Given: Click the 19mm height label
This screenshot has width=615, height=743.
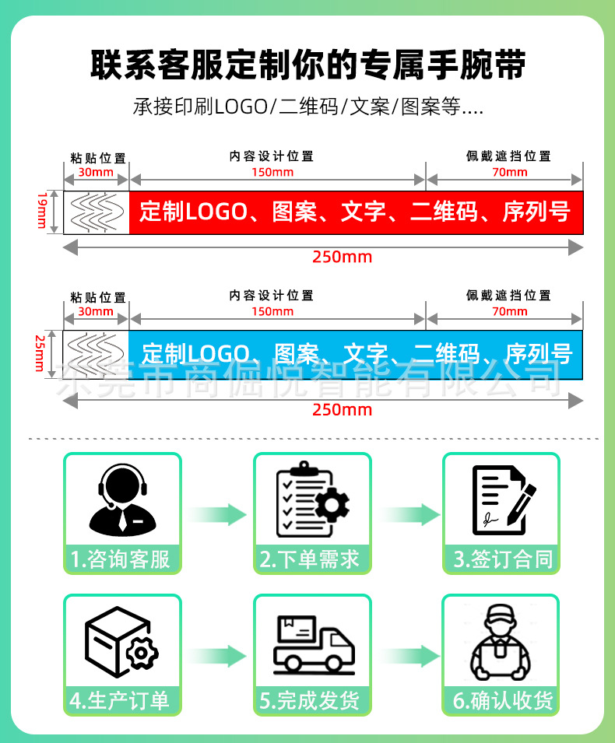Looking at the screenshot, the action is (x=42, y=212).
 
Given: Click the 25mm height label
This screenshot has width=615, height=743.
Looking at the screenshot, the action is (x=39, y=354).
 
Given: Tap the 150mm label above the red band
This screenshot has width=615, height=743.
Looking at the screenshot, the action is (x=272, y=172).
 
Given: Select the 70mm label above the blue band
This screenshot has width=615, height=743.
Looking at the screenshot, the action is (x=510, y=311).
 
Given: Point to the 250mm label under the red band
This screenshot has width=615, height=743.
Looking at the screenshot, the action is (x=342, y=257).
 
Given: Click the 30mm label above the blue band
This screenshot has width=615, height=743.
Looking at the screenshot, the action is (x=96, y=311).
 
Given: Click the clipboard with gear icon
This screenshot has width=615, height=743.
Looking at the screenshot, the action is (x=312, y=499).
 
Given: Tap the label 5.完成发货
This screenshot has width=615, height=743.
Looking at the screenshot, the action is (x=311, y=701).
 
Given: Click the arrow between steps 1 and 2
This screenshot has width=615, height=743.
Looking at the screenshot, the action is (x=217, y=514).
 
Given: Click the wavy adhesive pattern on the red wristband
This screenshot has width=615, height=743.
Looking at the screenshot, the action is (x=97, y=212).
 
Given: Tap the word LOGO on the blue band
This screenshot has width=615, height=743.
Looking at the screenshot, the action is (x=219, y=354).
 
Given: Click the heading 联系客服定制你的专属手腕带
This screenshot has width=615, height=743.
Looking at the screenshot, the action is (x=307, y=65).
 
